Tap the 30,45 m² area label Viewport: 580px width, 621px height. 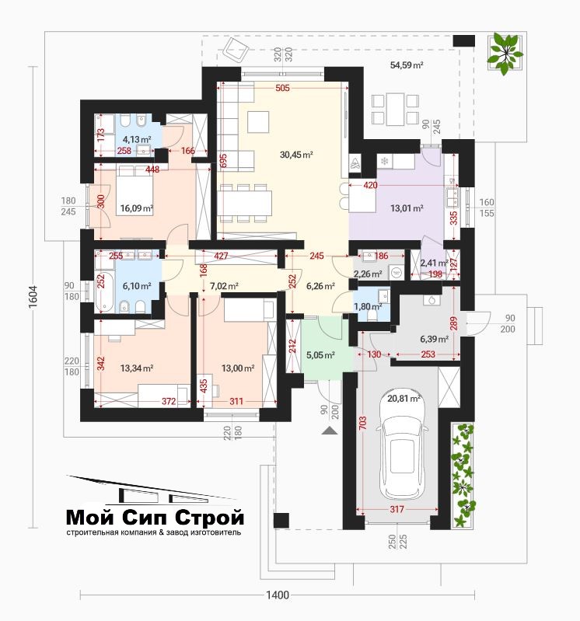tap(296, 155)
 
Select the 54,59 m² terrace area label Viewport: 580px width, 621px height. tap(407, 65)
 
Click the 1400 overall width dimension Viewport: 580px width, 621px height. tap(278, 595)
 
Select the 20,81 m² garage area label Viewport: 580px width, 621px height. tap(404, 399)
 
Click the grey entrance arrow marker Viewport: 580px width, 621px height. tap(329, 431)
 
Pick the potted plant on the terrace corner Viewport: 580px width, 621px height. tap(505, 53)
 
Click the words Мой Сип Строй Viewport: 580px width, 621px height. tap(155, 517)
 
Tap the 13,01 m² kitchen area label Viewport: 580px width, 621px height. tap(407, 208)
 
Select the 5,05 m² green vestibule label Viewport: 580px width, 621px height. tap(320, 355)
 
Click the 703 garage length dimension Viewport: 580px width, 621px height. tap(362, 423)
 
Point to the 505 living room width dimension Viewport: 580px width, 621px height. tap(282, 88)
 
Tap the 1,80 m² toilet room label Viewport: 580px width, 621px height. tap(368, 306)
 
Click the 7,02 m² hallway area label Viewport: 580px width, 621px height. tap(224, 286)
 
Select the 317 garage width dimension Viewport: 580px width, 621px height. tap(397, 509)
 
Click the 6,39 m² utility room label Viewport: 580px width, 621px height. tap(434, 339)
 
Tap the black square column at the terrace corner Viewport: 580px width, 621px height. tap(463, 40)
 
